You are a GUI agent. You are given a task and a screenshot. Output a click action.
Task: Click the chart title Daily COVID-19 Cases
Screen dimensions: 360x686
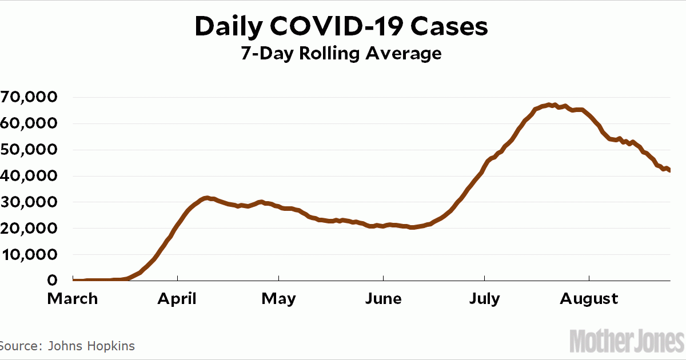pos(342,26)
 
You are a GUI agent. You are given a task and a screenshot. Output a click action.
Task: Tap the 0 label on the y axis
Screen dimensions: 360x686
pos(52,281)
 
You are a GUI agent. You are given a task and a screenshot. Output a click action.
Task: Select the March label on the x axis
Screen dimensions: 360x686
pos(73,298)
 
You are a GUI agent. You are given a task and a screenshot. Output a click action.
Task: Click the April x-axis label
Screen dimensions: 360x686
pos(178,298)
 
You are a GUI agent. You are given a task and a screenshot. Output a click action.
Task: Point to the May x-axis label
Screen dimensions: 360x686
pos(279,298)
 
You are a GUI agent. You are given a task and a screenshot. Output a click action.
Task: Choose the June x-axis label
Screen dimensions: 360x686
pos(383,298)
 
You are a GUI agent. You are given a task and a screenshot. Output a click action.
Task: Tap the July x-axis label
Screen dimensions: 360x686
pos(484,298)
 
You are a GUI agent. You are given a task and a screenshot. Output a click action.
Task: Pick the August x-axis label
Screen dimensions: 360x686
pos(589,298)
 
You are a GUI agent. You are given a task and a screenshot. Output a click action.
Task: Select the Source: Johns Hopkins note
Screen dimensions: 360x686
pos(67,346)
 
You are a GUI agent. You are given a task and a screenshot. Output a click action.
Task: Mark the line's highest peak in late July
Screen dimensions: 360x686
pos(549,105)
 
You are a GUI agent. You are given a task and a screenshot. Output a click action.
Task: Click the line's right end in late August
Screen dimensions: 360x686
pos(669,170)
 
